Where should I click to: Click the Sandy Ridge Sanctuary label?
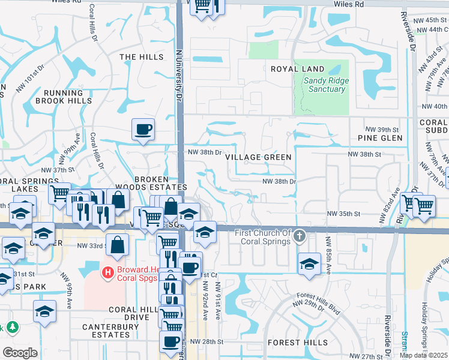[324, 85]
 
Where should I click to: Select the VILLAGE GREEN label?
[258, 157]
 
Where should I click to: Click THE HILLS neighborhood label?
[142, 57]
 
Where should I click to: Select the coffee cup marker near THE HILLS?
[143, 130]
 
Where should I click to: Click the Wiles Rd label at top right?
[351, 4]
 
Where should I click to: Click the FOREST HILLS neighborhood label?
[298, 343]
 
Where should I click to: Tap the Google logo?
[20, 352]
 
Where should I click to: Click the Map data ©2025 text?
[423, 355]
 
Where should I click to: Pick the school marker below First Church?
[309, 263]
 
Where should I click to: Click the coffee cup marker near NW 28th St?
[170, 341]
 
